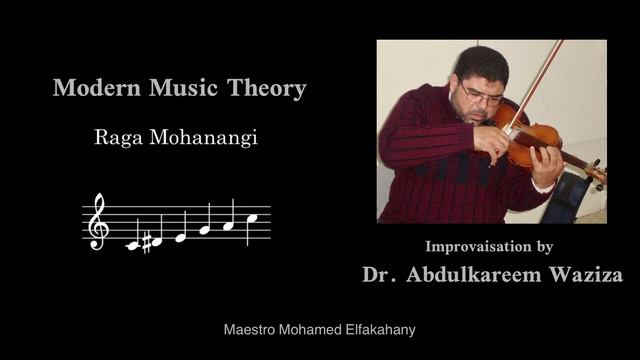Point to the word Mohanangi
click(x=207, y=139)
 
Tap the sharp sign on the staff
click(x=145, y=241)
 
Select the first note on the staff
click(x=131, y=245)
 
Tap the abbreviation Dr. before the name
click(x=380, y=274)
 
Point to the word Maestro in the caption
click(x=251, y=329)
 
